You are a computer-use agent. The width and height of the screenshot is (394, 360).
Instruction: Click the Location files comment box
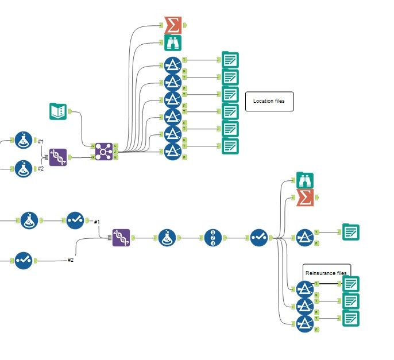tap(269, 101)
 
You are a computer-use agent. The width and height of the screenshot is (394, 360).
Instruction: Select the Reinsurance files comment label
tap(326, 272)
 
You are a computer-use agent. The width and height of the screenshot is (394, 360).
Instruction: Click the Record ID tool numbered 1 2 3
tap(213, 237)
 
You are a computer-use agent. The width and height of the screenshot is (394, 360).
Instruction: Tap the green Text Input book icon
tap(58, 111)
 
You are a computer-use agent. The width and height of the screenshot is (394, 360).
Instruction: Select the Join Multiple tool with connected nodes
tap(104, 152)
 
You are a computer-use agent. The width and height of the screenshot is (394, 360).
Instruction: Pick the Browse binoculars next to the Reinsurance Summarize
tap(305, 180)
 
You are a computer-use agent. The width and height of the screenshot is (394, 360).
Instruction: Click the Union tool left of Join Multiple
tap(57, 157)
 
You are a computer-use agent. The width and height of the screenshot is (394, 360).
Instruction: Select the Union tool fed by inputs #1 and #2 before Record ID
tap(121, 237)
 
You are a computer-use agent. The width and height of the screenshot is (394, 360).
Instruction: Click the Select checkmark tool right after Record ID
tap(259, 237)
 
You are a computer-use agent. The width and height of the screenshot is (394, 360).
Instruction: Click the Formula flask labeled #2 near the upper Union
tap(23, 169)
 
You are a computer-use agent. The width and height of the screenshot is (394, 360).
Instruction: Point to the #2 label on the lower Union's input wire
tap(71, 260)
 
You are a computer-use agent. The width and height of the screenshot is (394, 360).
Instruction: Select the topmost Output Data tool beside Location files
tap(230, 60)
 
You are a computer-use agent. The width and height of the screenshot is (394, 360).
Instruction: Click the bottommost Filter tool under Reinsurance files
tap(304, 325)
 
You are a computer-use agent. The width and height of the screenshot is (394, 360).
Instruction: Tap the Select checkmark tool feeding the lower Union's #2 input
tap(23, 260)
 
